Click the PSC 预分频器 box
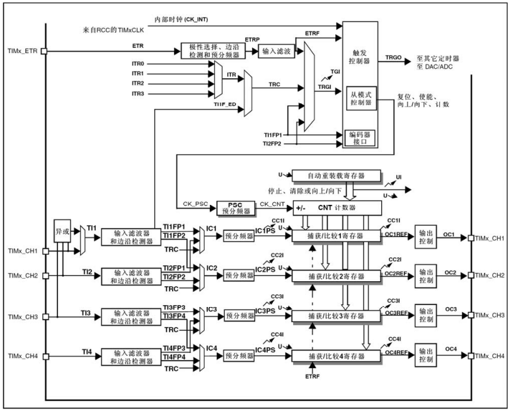[x=234, y=208]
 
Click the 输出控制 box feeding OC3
[x=425, y=315]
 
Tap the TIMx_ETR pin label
[x=23, y=50]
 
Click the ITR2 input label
[x=138, y=83]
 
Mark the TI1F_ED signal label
[x=225, y=104]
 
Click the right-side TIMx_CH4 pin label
[x=490, y=356]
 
